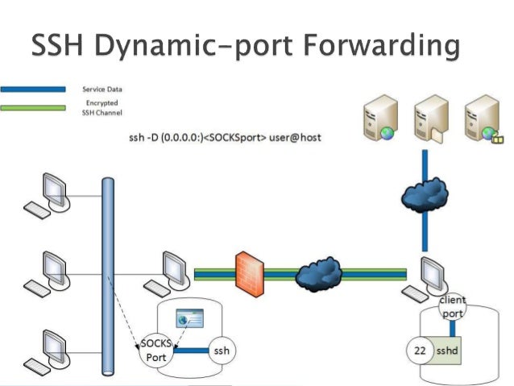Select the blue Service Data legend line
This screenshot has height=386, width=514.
pyautogui.click(x=33, y=89)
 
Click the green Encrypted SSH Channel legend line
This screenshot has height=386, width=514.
pyautogui.click(x=33, y=106)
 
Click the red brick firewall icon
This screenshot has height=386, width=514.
pyautogui.click(x=247, y=272)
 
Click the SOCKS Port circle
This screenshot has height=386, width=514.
pyautogui.click(x=154, y=350)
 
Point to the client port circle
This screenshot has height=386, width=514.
pyautogui.click(x=452, y=307)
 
